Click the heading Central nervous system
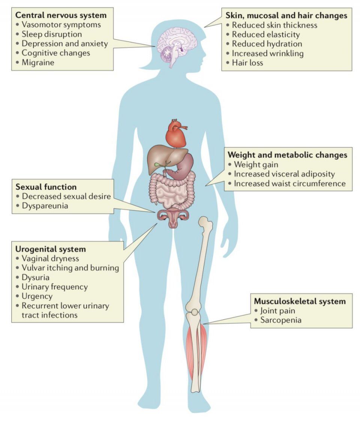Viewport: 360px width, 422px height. (x=61, y=15)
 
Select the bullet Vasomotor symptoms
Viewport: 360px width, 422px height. (x=61, y=25)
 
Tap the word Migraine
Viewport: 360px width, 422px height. (x=38, y=63)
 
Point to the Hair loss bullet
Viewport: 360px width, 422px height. (x=247, y=63)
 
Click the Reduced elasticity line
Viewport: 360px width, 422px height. (x=266, y=34)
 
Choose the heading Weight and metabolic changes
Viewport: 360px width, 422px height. (x=287, y=155)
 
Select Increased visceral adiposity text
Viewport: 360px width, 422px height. (x=284, y=174)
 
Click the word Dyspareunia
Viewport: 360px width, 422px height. (x=45, y=206)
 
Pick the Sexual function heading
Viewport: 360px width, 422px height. (x=46, y=187)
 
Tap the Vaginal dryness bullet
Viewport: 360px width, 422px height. (x=50, y=259)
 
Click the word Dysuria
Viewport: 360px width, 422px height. (x=36, y=277)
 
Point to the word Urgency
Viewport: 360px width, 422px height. (x=37, y=296)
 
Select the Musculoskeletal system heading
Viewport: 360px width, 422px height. (x=300, y=301)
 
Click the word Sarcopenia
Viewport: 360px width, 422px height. (x=281, y=320)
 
